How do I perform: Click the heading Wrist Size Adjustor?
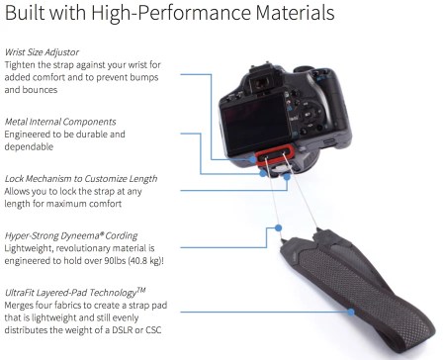pos(42,52)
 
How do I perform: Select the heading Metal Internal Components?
pos(60,122)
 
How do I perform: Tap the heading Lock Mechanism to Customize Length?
pos(81,179)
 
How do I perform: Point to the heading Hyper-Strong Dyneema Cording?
pos(71,236)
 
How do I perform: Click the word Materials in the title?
pos(295,13)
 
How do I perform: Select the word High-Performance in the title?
pos(171,14)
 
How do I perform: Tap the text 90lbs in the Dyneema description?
pos(115,261)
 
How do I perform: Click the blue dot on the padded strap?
pos(351,312)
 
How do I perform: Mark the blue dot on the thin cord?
pos(278,227)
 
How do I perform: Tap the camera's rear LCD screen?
pos(255,124)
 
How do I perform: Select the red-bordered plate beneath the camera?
pos(275,153)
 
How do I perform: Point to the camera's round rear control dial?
pos(309,115)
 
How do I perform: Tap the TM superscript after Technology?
pos(141,290)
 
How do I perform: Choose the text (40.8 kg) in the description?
pos(145,261)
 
